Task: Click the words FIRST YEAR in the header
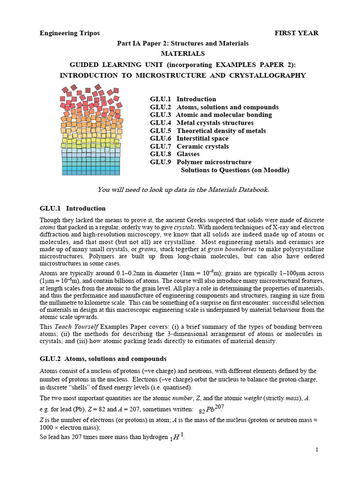click(x=296, y=33)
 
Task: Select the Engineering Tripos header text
click(x=69, y=33)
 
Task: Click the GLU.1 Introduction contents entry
click(x=183, y=99)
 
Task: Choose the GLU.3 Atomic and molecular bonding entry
click(x=210, y=115)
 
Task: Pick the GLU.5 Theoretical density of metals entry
click(x=208, y=131)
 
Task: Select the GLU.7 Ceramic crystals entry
click(x=189, y=146)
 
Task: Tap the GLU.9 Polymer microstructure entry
click(x=201, y=162)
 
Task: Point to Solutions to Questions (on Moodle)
click(x=235, y=170)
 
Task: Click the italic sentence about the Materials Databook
click(x=183, y=189)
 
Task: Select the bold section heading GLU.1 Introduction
click(x=73, y=208)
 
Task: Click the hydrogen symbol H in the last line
click(x=176, y=437)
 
